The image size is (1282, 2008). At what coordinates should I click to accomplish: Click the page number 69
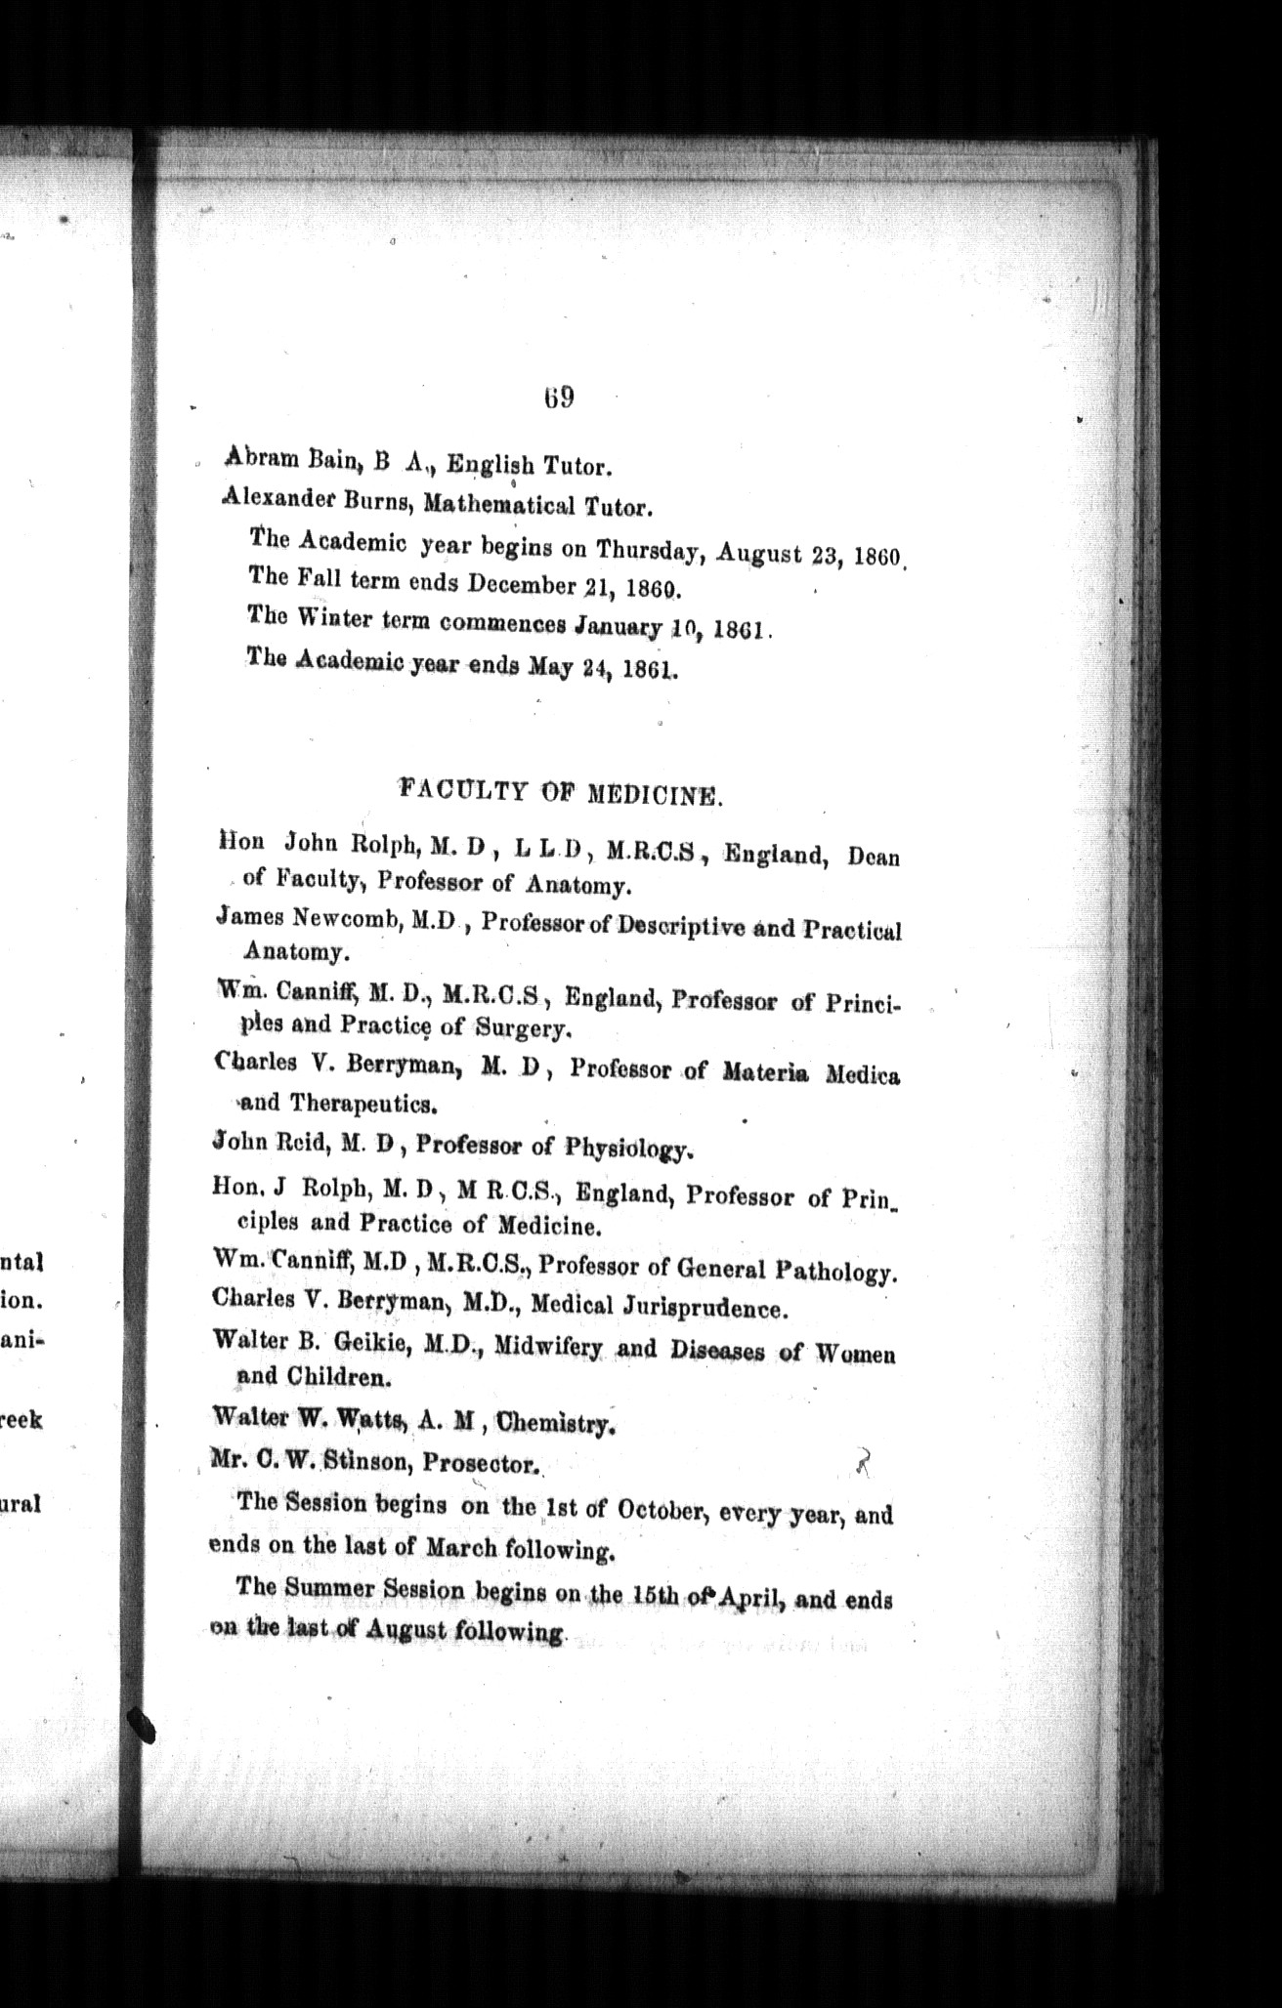click(559, 397)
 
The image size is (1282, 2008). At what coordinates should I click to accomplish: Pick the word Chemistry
click(555, 1423)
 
